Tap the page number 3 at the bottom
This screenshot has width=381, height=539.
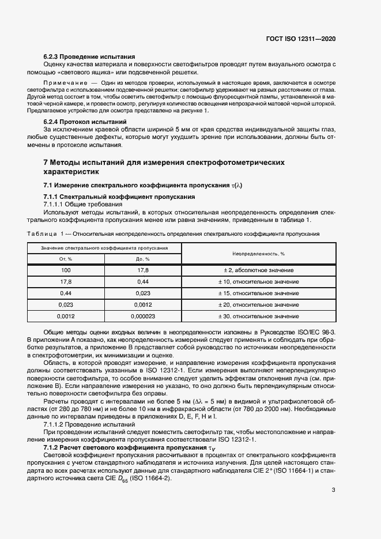334,491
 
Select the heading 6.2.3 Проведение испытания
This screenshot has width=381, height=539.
89,57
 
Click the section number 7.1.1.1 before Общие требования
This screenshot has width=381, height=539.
55,205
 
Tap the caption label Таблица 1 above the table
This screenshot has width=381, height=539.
45,233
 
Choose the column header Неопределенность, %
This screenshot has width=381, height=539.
258,253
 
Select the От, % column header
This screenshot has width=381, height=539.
65,259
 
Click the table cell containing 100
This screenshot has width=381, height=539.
65,270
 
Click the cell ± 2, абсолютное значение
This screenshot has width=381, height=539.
258,270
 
